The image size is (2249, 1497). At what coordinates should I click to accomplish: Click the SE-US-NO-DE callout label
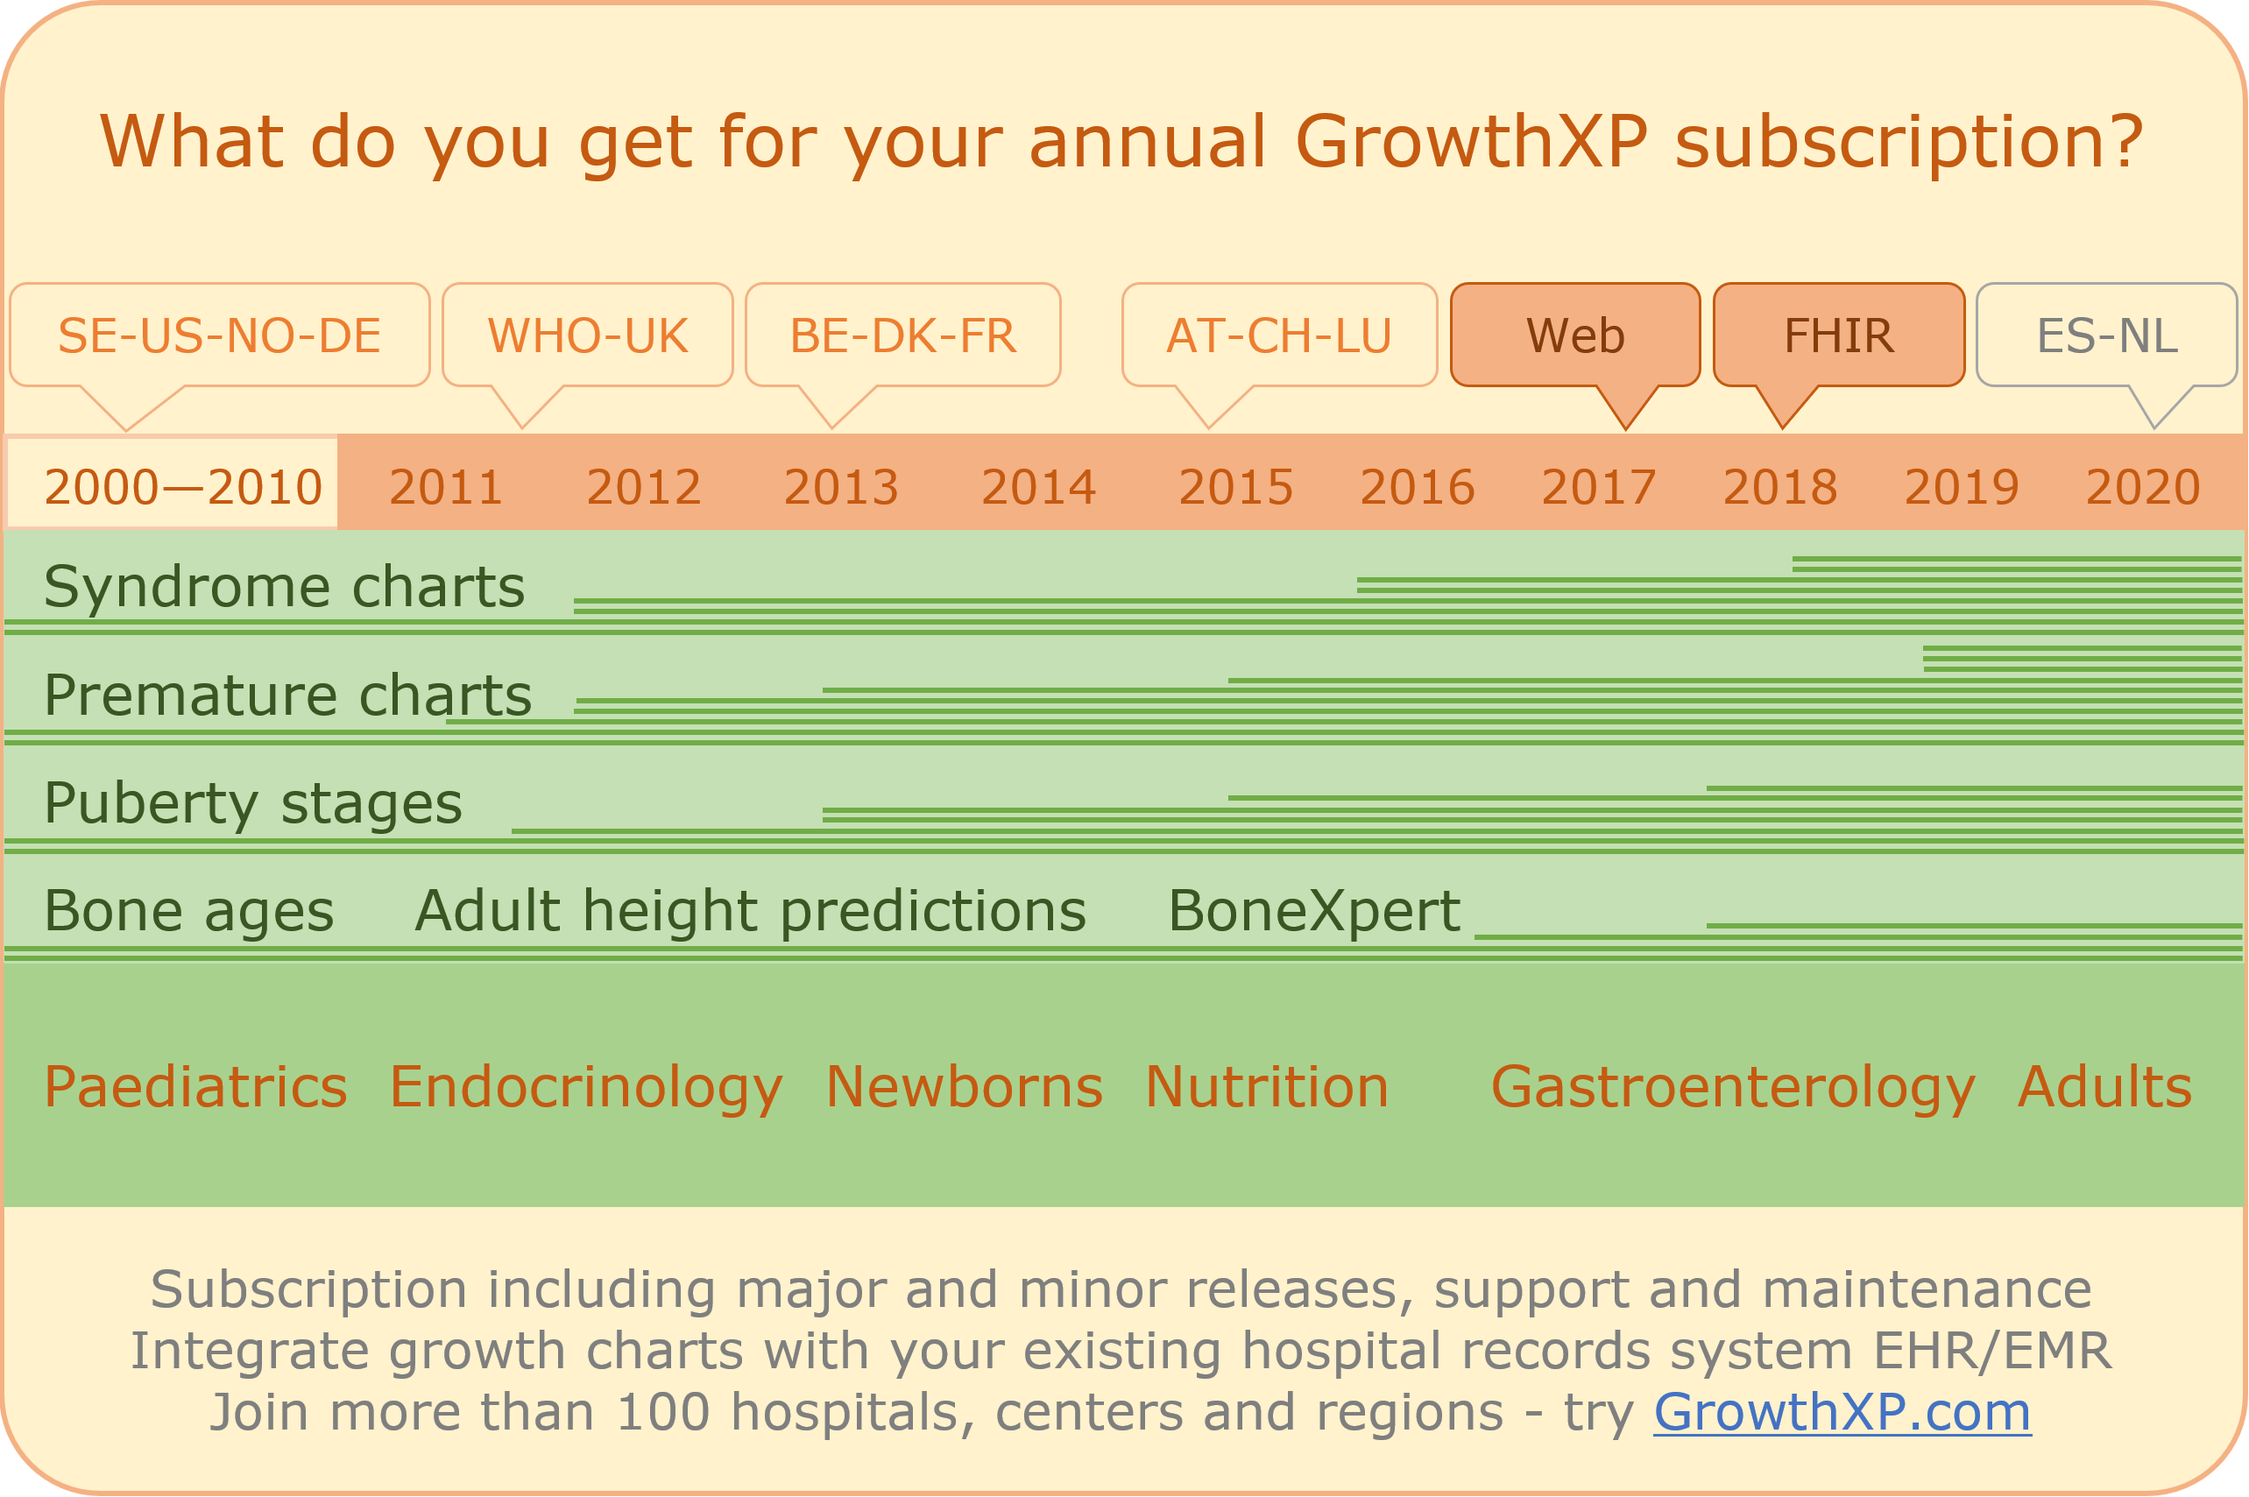[220, 335]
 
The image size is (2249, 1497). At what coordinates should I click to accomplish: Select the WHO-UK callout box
[587, 335]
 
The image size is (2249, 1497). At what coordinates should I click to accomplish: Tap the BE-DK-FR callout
[902, 335]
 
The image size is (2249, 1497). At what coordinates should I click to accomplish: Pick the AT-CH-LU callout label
[1280, 335]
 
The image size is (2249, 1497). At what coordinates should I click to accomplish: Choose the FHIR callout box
[1839, 335]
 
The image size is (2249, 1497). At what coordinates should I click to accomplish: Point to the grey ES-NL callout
[2107, 335]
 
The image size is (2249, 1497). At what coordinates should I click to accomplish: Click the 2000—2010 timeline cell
[172, 484]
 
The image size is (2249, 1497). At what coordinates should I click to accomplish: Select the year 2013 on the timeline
[841, 488]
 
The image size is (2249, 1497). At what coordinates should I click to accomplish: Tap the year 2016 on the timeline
[1418, 488]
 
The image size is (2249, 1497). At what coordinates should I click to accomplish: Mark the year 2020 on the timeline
[2143, 488]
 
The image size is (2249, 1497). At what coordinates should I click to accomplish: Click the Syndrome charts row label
[285, 586]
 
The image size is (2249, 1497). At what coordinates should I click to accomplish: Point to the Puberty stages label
[253, 804]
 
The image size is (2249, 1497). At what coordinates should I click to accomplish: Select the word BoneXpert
[1314, 911]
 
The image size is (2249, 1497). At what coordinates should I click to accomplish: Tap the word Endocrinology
[586, 1087]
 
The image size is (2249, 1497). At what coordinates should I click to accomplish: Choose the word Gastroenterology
[1733, 1087]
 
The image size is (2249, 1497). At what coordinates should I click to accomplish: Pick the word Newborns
[965, 1086]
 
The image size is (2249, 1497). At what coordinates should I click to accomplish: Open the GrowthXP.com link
[1842, 1413]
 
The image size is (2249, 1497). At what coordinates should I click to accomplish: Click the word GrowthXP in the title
[1472, 141]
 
